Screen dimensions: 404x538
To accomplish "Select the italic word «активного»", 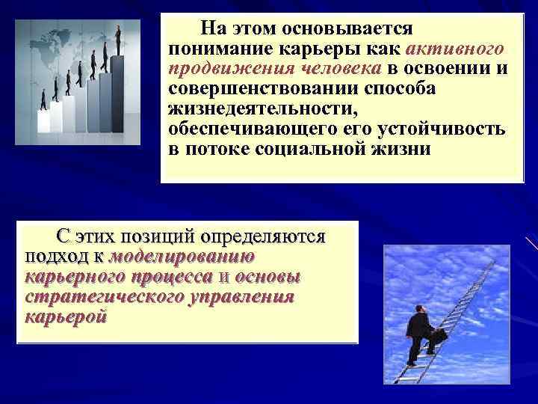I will [x=454, y=49].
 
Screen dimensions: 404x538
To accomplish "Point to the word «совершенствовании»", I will [x=247, y=88].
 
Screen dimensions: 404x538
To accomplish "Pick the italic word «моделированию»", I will [x=183, y=257].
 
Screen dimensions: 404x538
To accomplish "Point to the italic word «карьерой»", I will [x=66, y=316].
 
